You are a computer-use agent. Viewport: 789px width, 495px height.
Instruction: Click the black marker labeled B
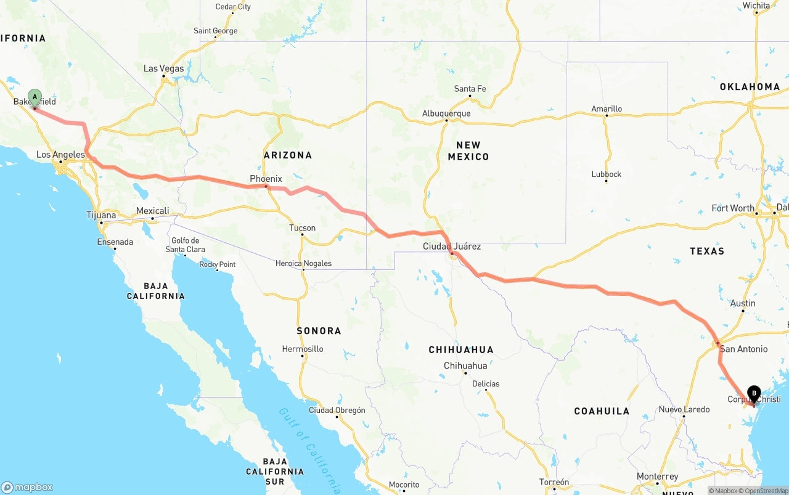[753, 393]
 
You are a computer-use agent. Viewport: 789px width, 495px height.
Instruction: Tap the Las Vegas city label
[163, 68]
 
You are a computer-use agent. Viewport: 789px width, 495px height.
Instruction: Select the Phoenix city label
[266, 179]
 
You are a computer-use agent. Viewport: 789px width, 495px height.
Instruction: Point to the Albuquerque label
[446, 113]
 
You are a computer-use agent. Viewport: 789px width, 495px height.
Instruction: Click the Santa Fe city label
[470, 89]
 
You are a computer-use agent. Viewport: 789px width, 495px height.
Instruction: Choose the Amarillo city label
[607, 109]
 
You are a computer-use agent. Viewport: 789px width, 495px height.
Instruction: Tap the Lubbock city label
[607, 174]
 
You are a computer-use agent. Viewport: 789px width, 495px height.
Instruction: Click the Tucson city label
[302, 228]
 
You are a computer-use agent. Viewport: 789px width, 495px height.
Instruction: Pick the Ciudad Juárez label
[452, 247]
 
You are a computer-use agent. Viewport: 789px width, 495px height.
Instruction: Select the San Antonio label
[743, 349]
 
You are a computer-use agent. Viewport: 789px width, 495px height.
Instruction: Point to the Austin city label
[743, 303]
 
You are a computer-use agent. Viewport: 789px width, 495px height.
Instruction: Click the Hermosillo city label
[303, 349]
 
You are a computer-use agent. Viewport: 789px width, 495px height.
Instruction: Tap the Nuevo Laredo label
[684, 409]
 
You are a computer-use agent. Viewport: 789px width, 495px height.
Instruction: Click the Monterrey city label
[658, 477]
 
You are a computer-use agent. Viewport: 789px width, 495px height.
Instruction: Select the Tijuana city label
[101, 216]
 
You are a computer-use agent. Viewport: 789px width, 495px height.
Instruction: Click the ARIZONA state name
[288, 155]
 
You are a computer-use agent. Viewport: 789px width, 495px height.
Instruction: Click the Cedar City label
[233, 7]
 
